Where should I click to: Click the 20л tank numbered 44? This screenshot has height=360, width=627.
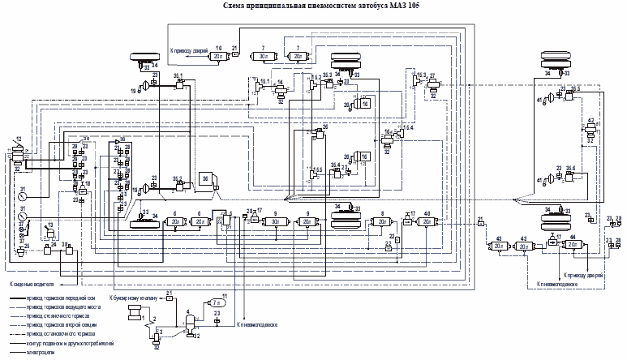[573, 244]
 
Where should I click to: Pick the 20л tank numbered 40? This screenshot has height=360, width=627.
[424, 221]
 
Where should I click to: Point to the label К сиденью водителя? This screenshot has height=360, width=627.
[32, 285]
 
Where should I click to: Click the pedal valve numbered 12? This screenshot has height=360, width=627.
[18, 152]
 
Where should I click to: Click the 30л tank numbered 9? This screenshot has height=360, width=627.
[276, 221]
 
